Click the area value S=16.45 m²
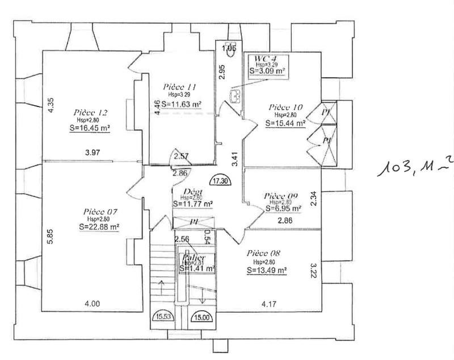(x=86, y=128)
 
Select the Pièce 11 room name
(x=179, y=87)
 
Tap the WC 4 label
(x=266, y=58)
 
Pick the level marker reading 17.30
(x=221, y=181)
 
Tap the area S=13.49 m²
(x=267, y=270)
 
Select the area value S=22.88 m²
(x=99, y=227)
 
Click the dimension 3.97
(x=92, y=153)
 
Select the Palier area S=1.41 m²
(x=197, y=269)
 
